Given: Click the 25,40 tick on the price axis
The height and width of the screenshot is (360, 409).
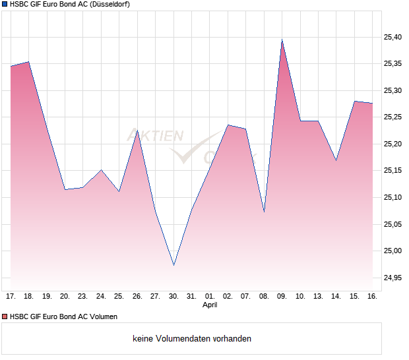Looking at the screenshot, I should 393,37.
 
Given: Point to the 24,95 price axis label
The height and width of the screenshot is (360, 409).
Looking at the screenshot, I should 393,278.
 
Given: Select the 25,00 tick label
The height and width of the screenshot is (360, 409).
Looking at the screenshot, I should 393,251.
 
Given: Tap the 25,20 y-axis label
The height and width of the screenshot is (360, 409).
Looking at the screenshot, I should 393,144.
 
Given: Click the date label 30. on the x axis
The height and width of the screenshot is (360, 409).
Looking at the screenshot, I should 173,297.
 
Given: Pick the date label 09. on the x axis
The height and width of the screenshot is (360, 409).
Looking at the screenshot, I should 282,297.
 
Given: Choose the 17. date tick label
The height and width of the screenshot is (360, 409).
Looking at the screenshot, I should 11,297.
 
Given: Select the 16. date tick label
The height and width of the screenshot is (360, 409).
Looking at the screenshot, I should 372,297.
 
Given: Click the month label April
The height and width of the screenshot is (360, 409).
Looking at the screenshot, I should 210,305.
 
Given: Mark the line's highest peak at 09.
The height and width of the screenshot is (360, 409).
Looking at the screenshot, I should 282,40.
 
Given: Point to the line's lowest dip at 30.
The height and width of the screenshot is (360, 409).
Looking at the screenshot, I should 173,265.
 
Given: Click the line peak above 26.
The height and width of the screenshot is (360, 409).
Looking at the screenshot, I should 137,131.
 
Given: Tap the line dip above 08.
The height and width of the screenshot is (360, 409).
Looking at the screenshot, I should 264,212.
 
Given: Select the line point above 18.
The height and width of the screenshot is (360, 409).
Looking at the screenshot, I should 28,62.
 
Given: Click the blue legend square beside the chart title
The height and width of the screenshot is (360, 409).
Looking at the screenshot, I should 5,5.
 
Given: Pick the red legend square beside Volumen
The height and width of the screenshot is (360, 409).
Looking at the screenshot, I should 5,316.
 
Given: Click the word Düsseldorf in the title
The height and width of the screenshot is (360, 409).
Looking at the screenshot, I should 105,5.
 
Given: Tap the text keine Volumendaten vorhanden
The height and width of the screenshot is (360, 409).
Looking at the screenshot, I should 192,339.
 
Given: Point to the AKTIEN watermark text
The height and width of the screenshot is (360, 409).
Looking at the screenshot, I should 155,136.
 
